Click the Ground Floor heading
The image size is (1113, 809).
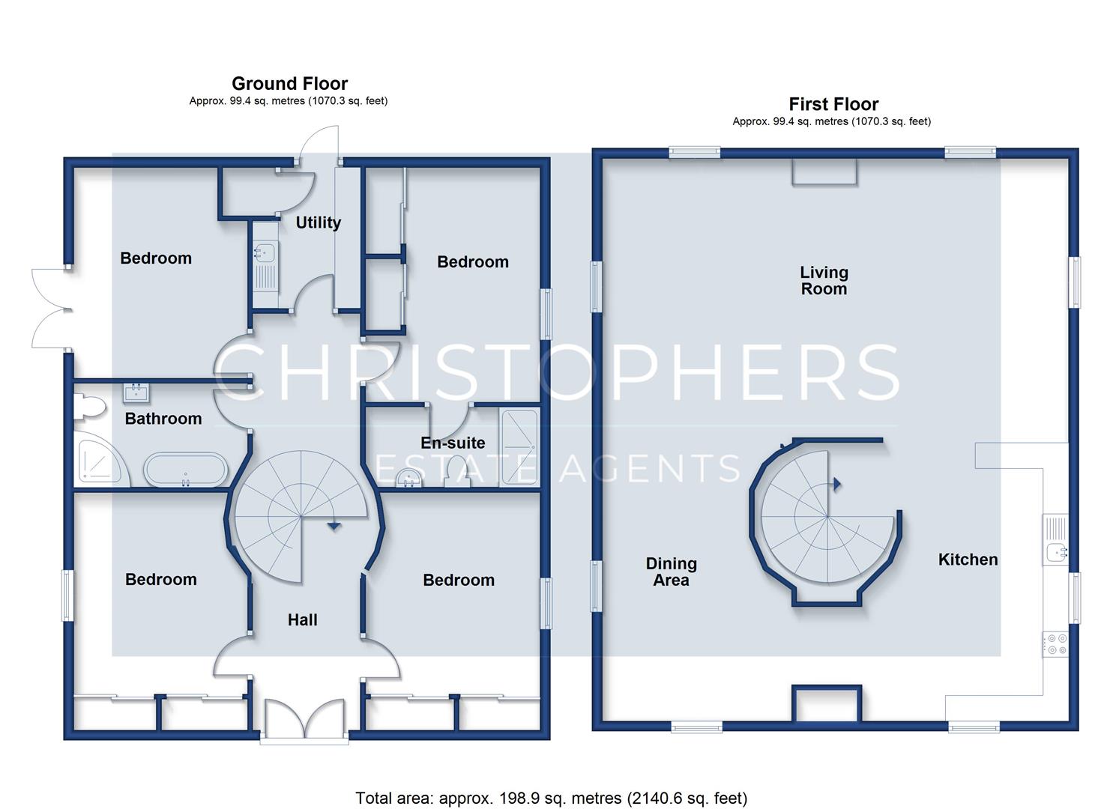click(289, 83)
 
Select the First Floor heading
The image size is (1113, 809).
click(833, 104)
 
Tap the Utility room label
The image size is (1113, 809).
click(318, 222)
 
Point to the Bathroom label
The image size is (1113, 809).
click(163, 419)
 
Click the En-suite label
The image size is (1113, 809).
click(453, 443)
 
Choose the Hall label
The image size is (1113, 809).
click(302, 619)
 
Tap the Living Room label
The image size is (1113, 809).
click(824, 281)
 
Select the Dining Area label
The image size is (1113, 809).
click(672, 572)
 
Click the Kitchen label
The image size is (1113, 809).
click(968, 560)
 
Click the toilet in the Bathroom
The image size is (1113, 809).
click(89, 407)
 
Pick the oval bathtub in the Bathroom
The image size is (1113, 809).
click(186, 469)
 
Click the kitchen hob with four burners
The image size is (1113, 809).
click(1055, 644)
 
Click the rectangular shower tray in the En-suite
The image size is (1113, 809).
click(519, 447)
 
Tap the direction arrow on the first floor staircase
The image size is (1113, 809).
click(837, 484)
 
